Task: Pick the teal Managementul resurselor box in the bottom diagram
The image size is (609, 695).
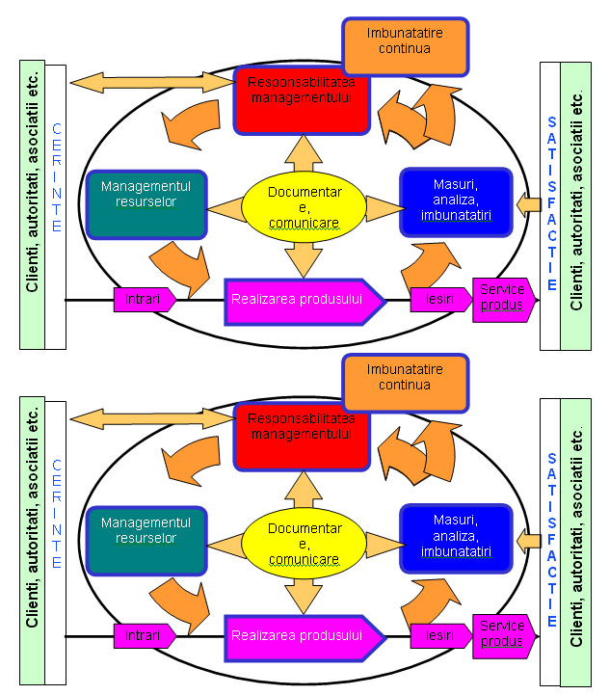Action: coord(146,541)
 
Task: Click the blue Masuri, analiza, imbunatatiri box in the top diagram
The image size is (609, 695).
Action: coord(457,202)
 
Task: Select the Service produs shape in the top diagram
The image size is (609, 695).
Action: coord(502,300)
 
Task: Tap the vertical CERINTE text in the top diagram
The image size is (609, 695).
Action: coord(56,178)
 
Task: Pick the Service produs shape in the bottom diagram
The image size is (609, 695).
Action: coord(502,636)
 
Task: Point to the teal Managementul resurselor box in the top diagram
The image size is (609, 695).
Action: coord(146,203)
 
